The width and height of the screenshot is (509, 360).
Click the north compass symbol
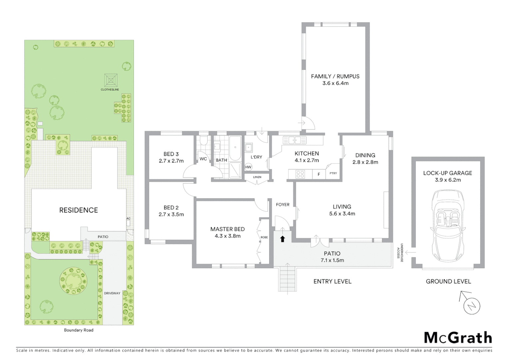point(471,305)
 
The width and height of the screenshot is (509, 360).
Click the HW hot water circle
point(249,167)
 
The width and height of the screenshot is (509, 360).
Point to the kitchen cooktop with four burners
point(300,174)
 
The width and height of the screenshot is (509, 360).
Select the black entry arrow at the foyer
point(282,239)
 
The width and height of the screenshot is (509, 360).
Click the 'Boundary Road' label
point(79,330)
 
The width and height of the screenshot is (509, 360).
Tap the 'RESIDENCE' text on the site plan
point(79,210)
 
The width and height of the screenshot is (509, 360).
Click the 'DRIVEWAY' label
point(112,293)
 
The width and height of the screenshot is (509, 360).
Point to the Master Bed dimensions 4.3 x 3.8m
point(228,236)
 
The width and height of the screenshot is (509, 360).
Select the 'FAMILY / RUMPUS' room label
point(335,76)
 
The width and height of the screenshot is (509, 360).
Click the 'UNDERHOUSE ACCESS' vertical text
point(400,252)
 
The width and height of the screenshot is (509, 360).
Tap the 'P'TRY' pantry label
point(333,173)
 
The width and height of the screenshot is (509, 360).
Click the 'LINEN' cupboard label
point(257,177)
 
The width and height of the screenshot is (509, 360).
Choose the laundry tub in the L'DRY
point(249,147)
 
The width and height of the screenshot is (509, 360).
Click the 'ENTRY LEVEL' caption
point(332,281)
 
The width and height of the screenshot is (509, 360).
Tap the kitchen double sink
point(294,140)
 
